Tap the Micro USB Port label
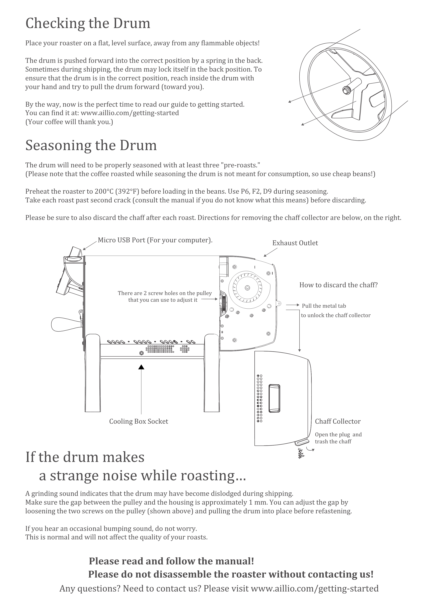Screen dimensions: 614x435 (155, 240)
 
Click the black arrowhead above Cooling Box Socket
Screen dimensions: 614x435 (141, 367)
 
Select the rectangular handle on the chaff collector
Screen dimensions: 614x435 (274, 398)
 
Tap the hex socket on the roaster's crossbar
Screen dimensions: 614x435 (141, 353)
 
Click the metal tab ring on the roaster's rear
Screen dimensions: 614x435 (279, 303)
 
